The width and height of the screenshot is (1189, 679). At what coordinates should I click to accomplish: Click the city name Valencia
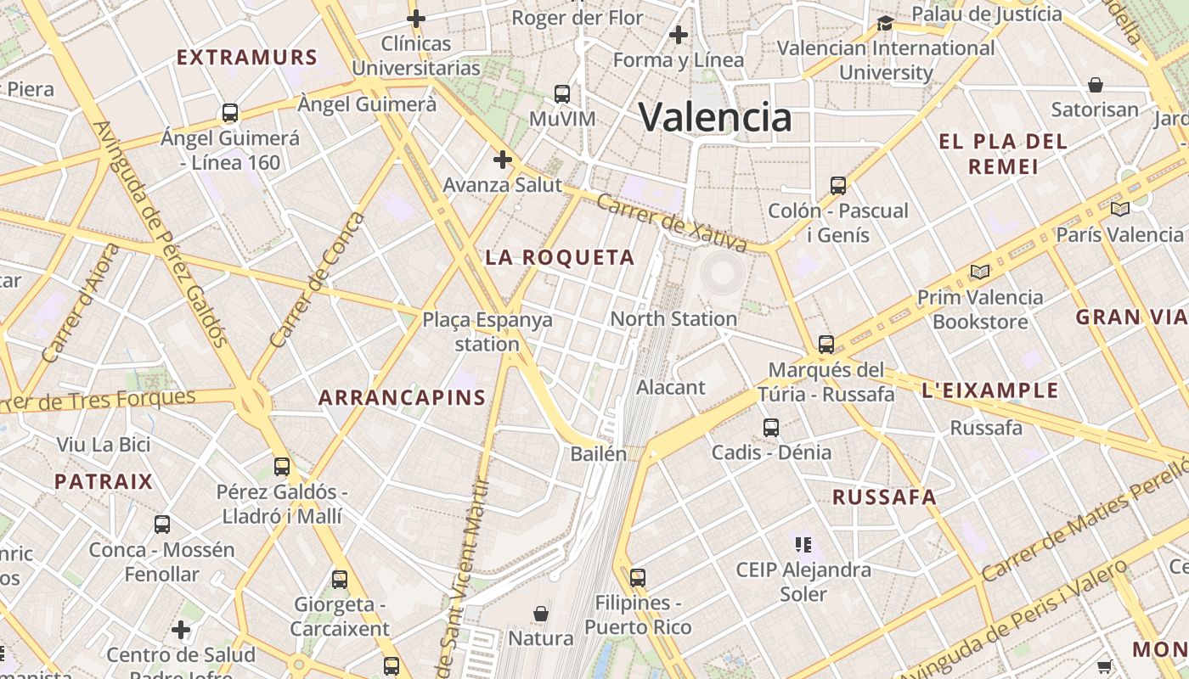click(714, 117)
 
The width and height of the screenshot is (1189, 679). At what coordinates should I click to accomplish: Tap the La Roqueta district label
click(560, 257)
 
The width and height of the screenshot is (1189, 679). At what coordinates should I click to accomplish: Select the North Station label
click(673, 318)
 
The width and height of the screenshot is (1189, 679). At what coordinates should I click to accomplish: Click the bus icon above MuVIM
click(561, 93)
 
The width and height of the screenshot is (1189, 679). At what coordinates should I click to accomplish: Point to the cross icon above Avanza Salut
click(503, 159)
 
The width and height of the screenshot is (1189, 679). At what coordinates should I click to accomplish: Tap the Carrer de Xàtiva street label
click(671, 223)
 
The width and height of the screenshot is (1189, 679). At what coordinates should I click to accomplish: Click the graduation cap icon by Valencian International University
click(885, 23)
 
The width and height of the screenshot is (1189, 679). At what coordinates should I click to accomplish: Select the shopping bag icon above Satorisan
click(1096, 85)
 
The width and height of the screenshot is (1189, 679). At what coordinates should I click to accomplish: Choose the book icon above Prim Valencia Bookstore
click(980, 272)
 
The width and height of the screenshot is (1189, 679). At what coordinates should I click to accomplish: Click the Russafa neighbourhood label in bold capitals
click(884, 497)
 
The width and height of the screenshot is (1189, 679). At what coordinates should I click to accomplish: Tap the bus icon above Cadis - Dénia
click(770, 428)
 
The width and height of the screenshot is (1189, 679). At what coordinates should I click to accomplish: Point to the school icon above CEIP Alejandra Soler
click(803, 544)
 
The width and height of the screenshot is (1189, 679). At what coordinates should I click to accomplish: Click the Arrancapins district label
click(402, 397)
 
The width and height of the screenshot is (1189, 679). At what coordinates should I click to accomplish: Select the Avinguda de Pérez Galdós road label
click(161, 233)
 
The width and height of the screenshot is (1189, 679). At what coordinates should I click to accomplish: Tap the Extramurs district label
click(246, 58)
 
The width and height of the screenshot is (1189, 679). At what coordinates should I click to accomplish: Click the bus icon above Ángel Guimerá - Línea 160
click(229, 112)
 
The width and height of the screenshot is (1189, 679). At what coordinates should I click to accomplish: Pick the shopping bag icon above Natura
click(540, 613)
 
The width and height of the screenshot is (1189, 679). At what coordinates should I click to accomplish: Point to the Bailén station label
click(598, 453)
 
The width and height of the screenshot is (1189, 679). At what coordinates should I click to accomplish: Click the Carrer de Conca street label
click(317, 279)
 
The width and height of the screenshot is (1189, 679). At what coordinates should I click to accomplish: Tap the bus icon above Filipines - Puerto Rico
click(638, 578)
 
